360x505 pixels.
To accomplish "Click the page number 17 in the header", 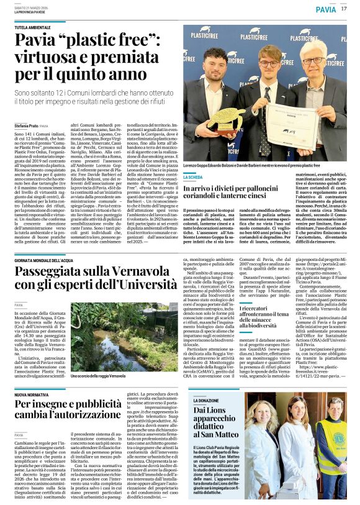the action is click(344, 9).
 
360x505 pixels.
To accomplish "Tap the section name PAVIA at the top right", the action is click(325, 9).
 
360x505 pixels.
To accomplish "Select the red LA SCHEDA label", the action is click(193, 178).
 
